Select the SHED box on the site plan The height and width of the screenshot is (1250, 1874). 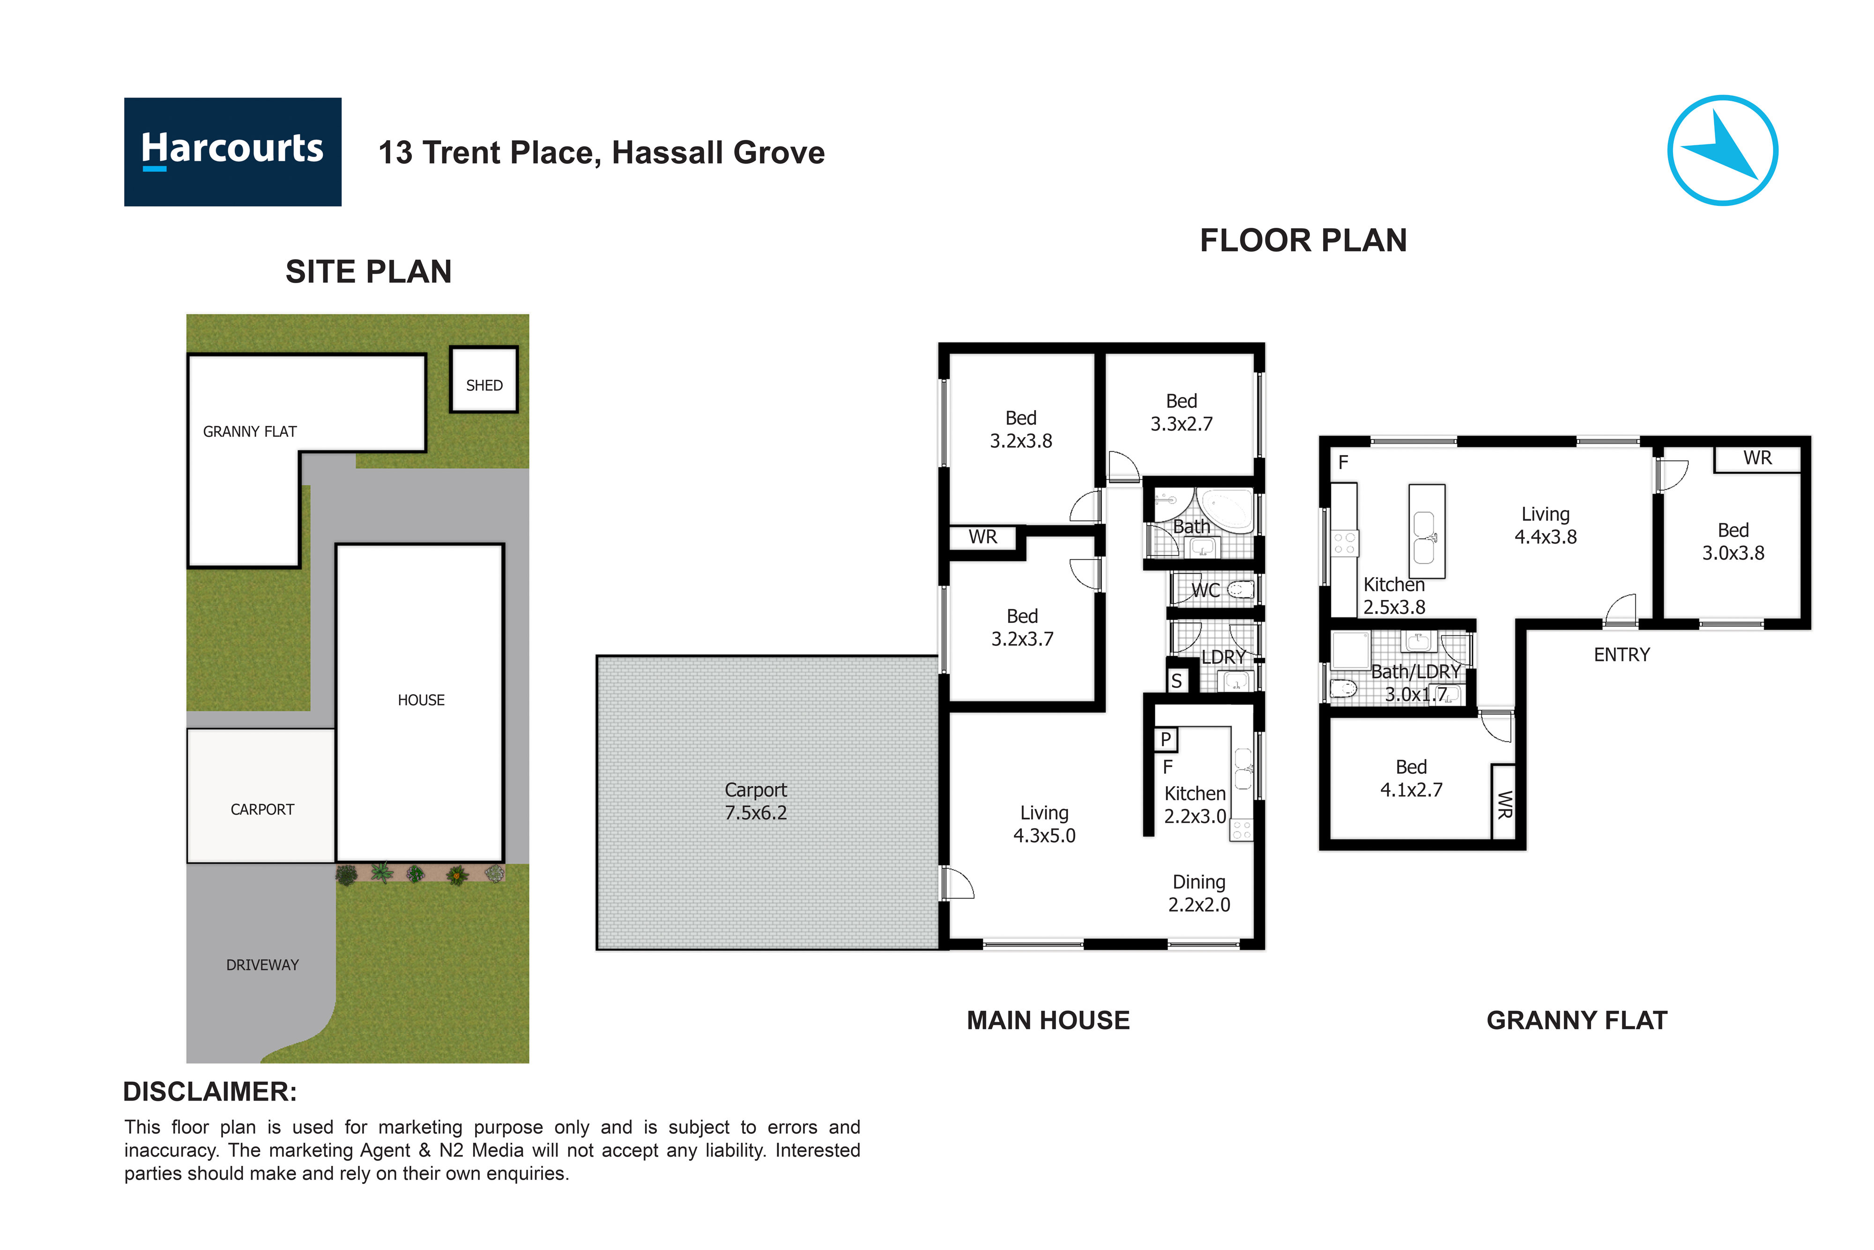(x=483, y=380)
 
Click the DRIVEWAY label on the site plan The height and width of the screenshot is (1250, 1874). (x=262, y=965)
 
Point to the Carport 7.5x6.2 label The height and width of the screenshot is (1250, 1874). (x=755, y=801)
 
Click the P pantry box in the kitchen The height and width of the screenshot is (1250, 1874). (x=1165, y=739)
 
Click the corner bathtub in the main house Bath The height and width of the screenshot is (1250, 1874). (x=1227, y=510)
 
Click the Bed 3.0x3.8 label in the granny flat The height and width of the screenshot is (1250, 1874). (x=1733, y=541)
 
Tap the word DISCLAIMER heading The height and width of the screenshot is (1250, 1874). (x=209, y=1092)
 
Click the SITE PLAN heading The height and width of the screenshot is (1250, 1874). (x=368, y=272)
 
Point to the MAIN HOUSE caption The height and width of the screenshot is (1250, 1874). (x=1048, y=1020)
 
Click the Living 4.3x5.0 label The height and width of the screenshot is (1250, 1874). (x=1044, y=824)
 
